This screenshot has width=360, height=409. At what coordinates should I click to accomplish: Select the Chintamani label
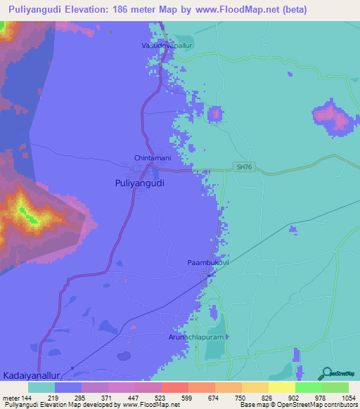153,158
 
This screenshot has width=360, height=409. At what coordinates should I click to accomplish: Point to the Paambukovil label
208,262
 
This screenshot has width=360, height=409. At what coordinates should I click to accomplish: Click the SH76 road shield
243,167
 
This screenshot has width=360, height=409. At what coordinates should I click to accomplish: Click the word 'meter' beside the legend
11,397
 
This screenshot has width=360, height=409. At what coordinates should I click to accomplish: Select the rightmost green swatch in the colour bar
335,387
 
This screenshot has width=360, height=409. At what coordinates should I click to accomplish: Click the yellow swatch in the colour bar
281,387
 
